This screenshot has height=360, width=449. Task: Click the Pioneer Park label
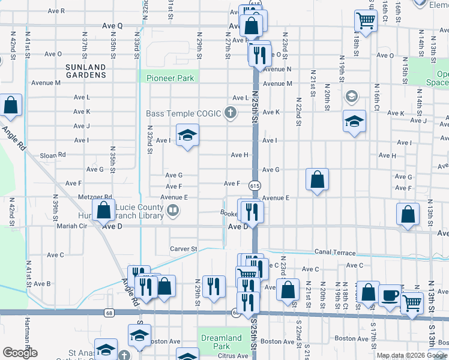point(170,78)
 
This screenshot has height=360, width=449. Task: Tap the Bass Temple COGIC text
point(184,113)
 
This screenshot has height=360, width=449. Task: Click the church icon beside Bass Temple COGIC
point(229,112)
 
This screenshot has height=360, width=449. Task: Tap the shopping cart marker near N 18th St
point(366,22)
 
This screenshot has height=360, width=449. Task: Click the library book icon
point(172,209)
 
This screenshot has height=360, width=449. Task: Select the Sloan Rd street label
point(53,155)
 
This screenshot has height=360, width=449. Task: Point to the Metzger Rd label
point(95,197)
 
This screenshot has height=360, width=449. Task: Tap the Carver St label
point(183,248)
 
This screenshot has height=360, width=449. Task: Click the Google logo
point(20,353)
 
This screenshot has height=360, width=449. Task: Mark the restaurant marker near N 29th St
point(213,286)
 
